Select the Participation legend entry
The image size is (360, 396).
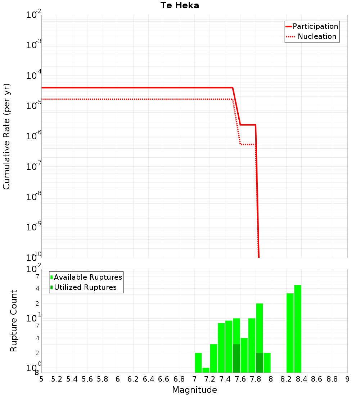(x=315, y=26)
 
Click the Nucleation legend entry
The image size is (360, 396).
(x=316, y=36)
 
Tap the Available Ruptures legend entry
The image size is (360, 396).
(x=88, y=277)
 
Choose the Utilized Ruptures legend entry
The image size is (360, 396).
(x=85, y=287)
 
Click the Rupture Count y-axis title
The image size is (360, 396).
(x=14, y=320)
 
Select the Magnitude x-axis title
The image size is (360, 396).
(x=194, y=390)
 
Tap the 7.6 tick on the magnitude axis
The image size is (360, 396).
(x=240, y=379)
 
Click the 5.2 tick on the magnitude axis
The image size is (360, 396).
(x=57, y=379)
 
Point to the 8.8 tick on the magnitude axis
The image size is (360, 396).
(x=332, y=379)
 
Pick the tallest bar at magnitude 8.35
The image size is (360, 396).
(x=297, y=329)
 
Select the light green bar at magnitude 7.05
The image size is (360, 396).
(x=198, y=363)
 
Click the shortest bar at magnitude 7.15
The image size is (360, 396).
(x=206, y=370)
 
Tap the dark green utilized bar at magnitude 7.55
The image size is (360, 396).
(x=236, y=358)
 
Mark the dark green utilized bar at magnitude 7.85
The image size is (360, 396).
(x=259, y=363)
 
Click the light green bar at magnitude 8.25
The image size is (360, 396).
(x=290, y=333)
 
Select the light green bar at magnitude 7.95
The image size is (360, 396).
(x=267, y=363)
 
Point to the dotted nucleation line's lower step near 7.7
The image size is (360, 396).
(x=248, y=144)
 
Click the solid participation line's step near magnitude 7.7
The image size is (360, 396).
(x=248, y=125)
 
